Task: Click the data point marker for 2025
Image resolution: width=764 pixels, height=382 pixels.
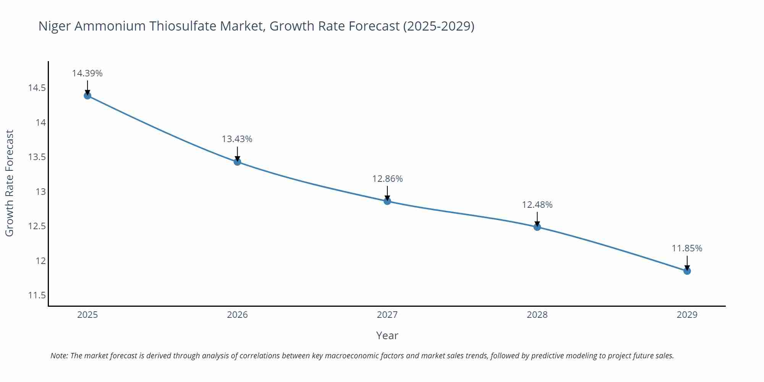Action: point(87,95)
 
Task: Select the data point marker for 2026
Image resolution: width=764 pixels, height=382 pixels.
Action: point(237,162)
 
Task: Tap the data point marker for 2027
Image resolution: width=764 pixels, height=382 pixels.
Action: point(387,201)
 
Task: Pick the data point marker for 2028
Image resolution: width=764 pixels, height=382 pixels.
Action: point(537,227)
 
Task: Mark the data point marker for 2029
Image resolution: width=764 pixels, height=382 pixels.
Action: point(687,271)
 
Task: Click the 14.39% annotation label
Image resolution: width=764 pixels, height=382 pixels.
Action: point(87,73)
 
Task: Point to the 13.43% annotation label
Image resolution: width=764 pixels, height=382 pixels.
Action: point(237,139)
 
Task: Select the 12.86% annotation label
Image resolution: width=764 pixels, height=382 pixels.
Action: point(387,179)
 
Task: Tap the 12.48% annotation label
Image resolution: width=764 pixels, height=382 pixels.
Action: point(537,205)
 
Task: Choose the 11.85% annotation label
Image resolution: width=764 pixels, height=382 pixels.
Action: point(687,248)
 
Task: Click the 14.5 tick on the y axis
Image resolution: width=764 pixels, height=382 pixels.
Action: point(37,88)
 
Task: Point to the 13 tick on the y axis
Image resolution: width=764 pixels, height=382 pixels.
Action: point(40,192)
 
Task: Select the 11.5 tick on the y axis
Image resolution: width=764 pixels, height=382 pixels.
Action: point(37,295)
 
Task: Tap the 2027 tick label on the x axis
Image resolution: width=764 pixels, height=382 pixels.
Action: point(387,315)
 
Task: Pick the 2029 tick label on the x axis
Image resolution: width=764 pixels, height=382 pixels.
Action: point(687,315)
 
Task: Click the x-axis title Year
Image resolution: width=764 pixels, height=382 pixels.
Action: point(387,335)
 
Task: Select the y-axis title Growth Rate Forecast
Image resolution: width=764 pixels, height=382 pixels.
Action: point(10,183)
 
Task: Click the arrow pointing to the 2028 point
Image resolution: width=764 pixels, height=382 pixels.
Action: point(537,219)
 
